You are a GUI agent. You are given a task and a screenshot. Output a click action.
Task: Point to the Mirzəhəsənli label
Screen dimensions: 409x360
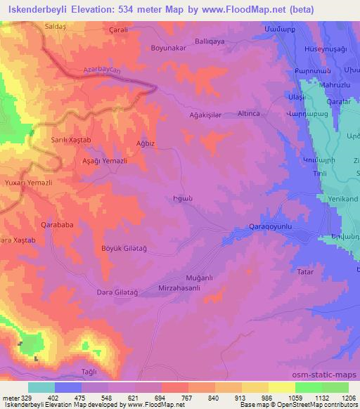pos(183,289)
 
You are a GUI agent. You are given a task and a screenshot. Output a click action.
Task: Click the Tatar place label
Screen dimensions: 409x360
pos(305,271)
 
